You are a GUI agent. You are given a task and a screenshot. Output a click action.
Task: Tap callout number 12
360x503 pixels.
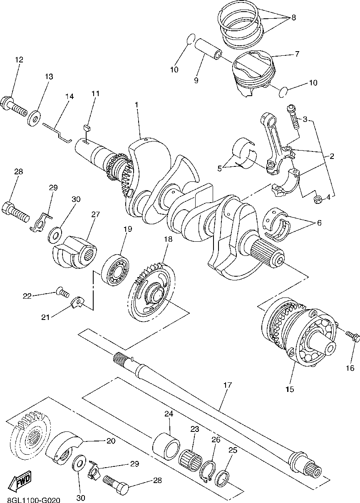pos(19,60)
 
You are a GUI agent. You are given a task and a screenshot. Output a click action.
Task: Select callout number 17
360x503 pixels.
pos(227,385)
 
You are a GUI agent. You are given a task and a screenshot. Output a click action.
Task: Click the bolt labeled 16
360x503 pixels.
pos(352,337)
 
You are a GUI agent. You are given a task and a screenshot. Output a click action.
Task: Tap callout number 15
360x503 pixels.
pos(290,389)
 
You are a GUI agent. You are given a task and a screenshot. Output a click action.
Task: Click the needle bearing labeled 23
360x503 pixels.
pos(190,458)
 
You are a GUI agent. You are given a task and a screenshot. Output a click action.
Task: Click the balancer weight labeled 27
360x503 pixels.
pos(75,254)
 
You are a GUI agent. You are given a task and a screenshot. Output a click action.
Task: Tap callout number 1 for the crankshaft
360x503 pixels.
pos(136,104)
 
